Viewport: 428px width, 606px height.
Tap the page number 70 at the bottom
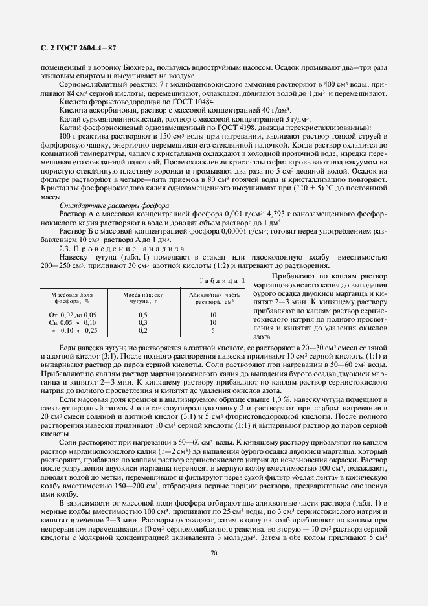click(214, 552)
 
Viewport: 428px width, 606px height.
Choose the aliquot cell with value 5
click(212, 330)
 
